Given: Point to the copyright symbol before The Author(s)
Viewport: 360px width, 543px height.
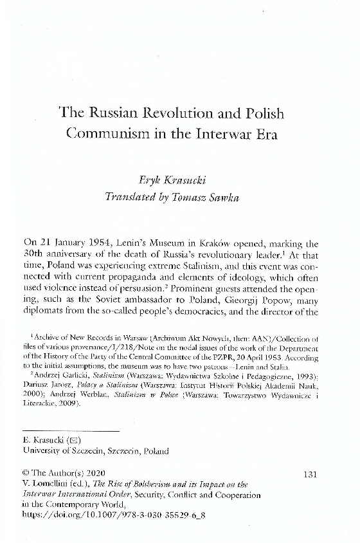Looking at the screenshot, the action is [25, 474].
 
